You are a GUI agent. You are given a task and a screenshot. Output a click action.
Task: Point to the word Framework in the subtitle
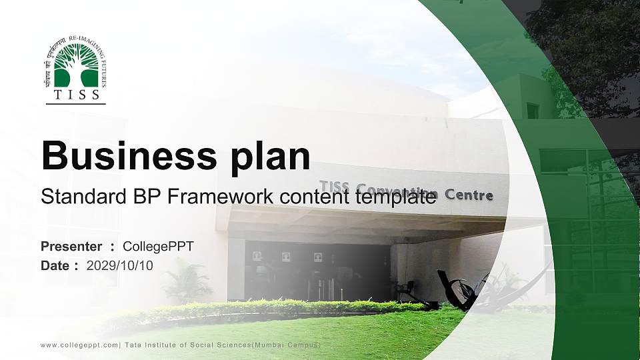[x=213, y=197]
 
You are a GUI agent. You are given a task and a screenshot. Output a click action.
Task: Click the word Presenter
[x=71, y=247]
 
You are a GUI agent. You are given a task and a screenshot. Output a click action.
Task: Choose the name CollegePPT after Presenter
[x=158, y=247]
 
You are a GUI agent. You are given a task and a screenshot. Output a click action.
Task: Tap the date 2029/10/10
[x=120, y=265]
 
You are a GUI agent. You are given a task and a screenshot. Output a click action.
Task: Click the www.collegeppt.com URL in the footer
[x=79, y=345]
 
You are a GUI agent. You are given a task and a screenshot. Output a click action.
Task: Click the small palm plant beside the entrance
[x=186, y=280]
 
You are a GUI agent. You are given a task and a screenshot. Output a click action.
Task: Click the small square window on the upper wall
[x=532, y=111]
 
